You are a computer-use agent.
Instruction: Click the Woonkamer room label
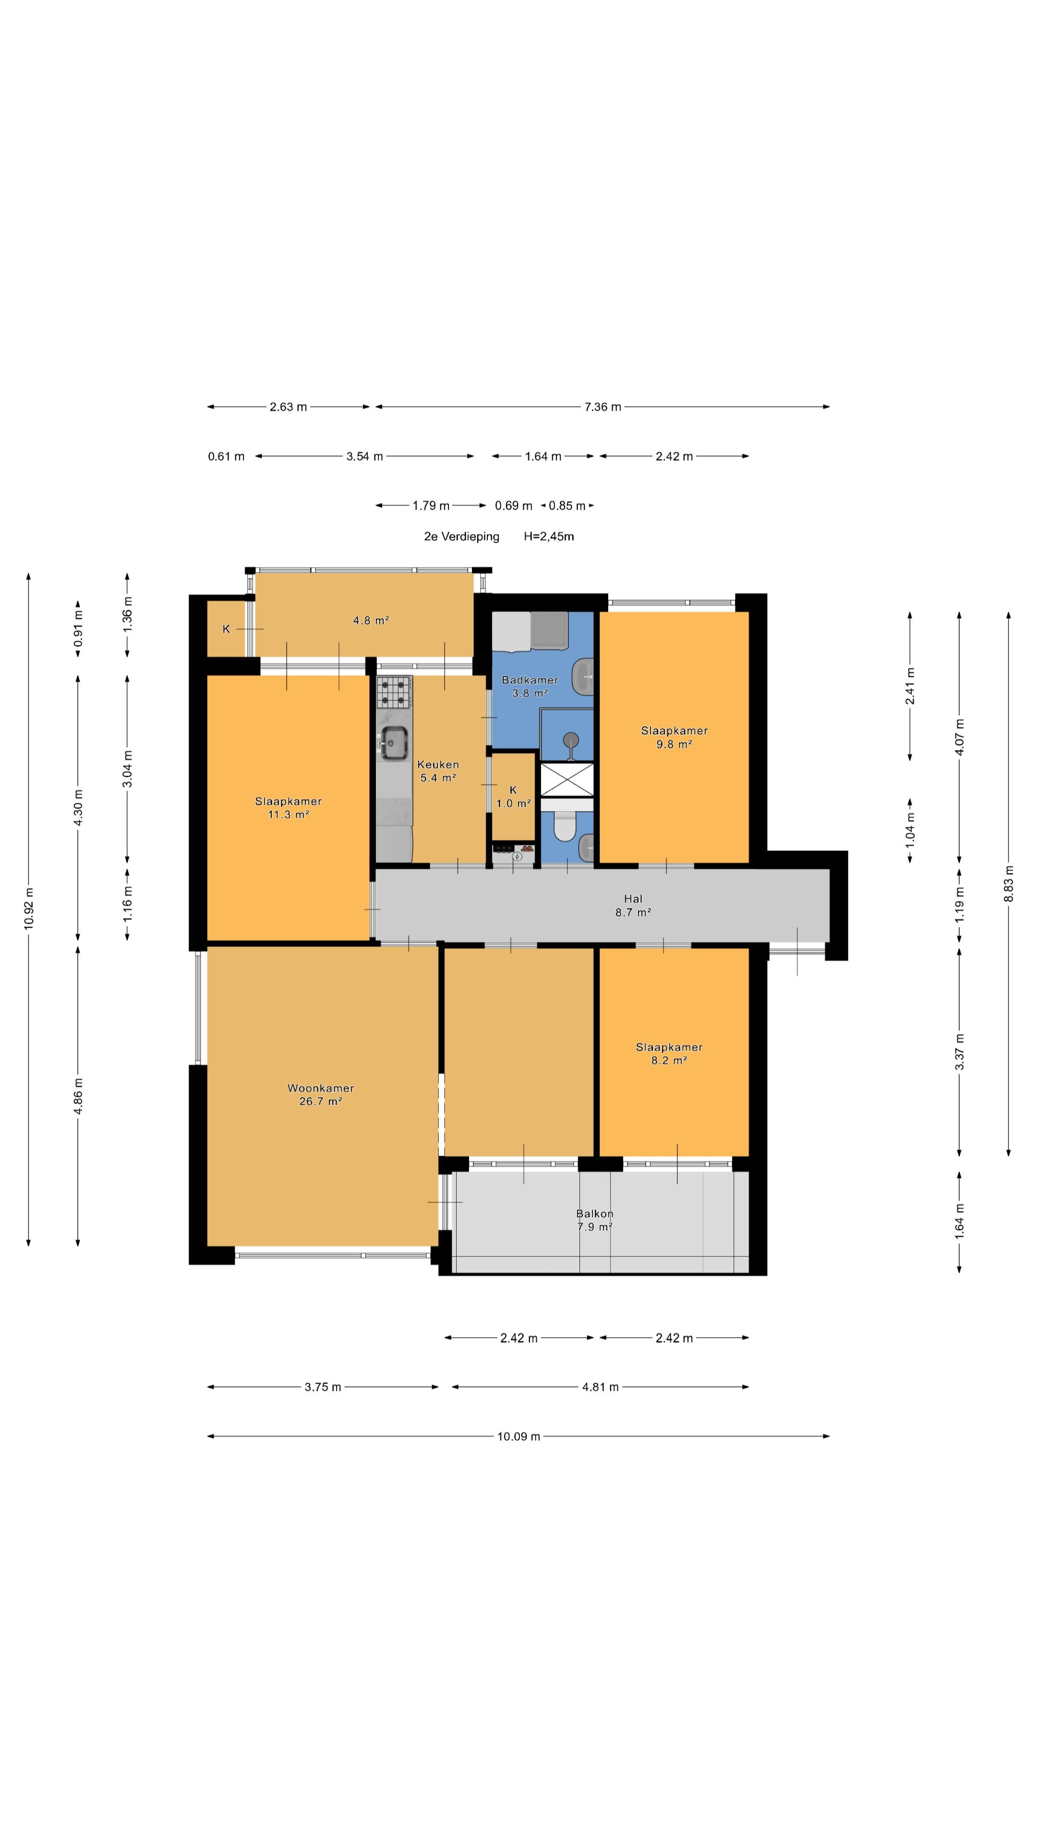coord(321,1088)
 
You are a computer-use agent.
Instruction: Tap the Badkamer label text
coord(530,680)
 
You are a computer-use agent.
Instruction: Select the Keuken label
coord(438,764)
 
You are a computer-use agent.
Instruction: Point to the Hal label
coord(633,898)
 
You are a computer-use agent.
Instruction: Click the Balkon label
coord(595,1213)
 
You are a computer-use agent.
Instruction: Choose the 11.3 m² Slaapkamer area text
coord(289,814)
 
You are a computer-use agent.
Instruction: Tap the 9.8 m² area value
coord(674,744)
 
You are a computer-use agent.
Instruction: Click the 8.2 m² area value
coord(669,1060)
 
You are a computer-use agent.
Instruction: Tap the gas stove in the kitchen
coord(394,692)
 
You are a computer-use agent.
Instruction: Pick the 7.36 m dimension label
coord(603,407)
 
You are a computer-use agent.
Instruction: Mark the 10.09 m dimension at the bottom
coord(519,1436)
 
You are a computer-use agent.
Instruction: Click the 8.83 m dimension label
coord(1008,884)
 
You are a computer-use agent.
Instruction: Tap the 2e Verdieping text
coord(461,537)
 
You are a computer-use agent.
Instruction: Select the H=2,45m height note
coord(549,537)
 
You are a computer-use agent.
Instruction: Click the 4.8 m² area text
coord(371,620)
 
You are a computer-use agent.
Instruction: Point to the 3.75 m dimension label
coord(323,1387)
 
